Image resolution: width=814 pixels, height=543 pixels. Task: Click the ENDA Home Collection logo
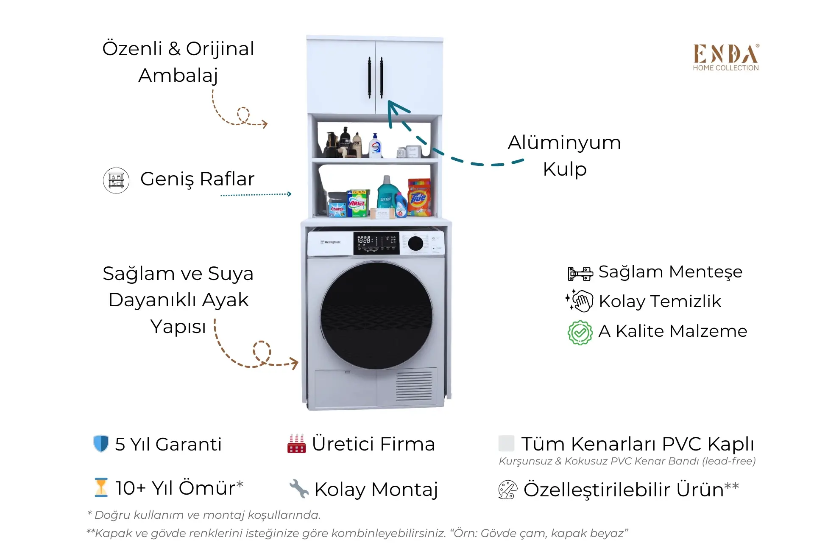pos(726,57)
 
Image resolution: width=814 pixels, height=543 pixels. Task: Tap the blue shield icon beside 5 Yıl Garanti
pos(101,444)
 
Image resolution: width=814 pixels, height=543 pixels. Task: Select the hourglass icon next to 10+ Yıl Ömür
pos(101,487)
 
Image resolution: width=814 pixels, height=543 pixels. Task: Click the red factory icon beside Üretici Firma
pos(296,444)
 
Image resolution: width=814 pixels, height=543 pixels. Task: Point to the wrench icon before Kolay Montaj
pos(299,489)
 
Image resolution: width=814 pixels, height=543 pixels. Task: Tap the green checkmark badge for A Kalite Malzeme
pos(580,333)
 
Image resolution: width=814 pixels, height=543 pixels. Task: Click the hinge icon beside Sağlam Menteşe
pos(580,274)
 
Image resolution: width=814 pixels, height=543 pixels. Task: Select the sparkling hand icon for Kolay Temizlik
pos(579,301)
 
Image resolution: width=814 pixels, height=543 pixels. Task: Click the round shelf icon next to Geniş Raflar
pos(116,180)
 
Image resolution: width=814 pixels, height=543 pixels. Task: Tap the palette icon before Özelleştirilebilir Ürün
pos(507,490)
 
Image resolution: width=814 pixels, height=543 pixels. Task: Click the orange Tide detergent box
pos(419,197)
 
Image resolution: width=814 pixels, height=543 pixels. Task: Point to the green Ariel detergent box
pos(357,203)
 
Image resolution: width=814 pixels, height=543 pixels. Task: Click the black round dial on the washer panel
pos(415,244)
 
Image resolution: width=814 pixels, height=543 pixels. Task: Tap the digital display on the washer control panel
pos(376,243)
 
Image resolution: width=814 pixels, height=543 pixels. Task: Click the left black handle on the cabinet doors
pos(369,78)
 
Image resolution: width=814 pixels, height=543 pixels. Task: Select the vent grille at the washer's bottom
pos(414,386)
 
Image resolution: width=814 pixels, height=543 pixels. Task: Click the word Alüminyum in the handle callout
pos(564,143)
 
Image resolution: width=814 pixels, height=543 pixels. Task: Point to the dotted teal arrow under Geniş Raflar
pos(256,195)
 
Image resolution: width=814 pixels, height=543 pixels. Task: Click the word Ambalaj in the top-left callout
pos(178,76)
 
